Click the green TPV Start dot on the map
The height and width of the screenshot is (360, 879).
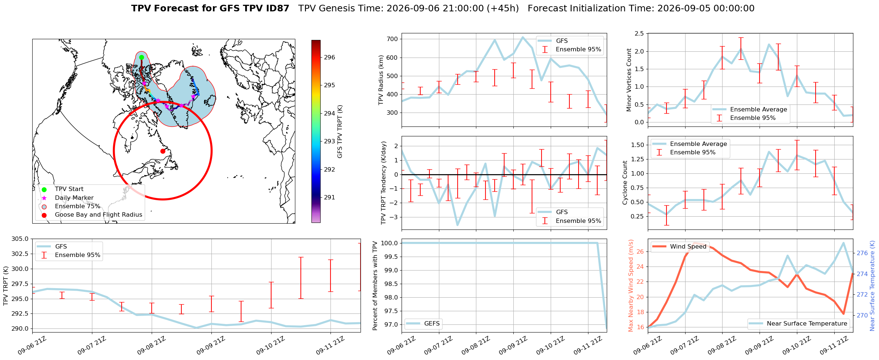pyautogui.click(x=141, y=57)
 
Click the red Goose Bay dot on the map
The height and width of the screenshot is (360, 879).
pyautogui.click(x=163, y=151)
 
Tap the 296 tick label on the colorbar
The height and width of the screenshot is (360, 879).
pyautogui.click(x=329, y=57)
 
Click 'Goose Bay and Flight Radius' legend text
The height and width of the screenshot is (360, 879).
pyautogui.click(x=99, y=214)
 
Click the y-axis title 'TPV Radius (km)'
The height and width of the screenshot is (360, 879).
pyautogui.click(x=381, y=80)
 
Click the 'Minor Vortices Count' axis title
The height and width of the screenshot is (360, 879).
pyautogui.click(x=629, y=80)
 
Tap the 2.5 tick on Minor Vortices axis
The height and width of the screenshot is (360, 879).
pyautogui.click(x=639, y=34)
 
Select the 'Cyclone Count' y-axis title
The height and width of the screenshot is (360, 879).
pyautogui.click(x=625, y=183)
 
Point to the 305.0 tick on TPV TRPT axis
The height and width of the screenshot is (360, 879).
pyautogui.click(x=21, y=239)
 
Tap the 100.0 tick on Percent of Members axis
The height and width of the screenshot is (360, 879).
pyautogui.click(x=389, y=243)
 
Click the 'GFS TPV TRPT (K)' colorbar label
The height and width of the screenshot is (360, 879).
pyautogui.click(x=340, y=132)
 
